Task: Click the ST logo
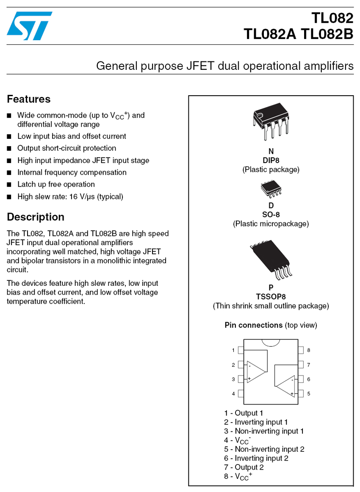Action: click(29, 26)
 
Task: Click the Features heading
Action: click(28, 99)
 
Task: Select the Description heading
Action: click(36, 217)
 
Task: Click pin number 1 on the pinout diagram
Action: click(240, 350)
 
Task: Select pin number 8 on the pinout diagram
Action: click(301, 350)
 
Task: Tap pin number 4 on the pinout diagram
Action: click(240, 394)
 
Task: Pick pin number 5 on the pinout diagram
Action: click(301, 394)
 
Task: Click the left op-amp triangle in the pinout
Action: click(257, 366)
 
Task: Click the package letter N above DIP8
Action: click(271, 152)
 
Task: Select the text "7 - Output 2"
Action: click(244, 467)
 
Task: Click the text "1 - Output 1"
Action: click(244, 413)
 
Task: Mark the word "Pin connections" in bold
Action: click(253, 325)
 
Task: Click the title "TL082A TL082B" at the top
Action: click(298, 34)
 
